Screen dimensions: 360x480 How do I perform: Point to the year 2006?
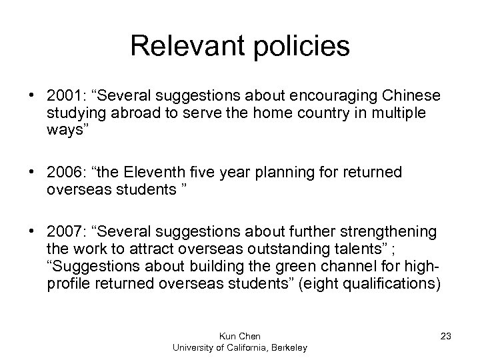(63, 173)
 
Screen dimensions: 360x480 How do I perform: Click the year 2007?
(63, 231)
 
